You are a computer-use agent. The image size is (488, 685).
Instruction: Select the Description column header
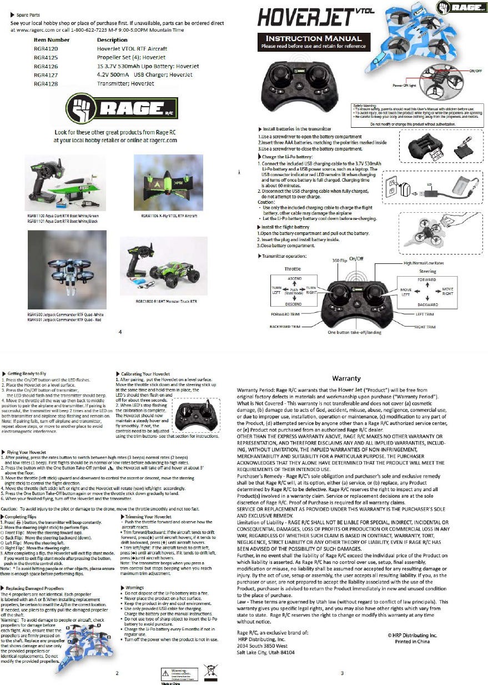click(x=112, y=40)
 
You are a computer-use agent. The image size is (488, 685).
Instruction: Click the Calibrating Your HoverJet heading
click(x=147, y=373)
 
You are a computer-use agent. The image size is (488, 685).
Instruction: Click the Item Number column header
click(x=52, y=40)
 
